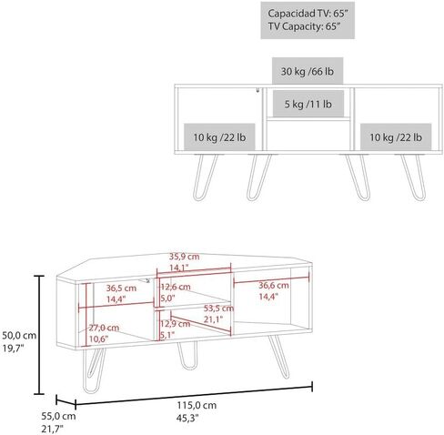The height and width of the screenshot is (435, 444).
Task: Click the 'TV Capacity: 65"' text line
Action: pyautogui.click(x=302, y=26)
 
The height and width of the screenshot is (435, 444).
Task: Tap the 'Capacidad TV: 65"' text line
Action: pyautogui.click(x=308, y=14)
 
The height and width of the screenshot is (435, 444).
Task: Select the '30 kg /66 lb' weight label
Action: pyautogui.click(x=308, y=72)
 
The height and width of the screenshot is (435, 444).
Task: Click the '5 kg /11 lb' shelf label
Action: pyautogui.click(x=308, y=104)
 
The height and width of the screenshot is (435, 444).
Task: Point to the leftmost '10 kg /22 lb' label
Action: pyautogui.click(x=219, y=137)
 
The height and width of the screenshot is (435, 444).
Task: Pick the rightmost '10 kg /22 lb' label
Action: pyautogui.click(x=396, y=137)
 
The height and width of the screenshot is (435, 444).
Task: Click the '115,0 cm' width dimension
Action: pyautogui.click(x=197, y=405)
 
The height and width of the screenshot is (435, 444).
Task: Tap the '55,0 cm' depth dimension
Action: pyautogui.click(x=58, y=416)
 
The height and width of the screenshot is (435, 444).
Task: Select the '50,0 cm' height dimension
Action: pyautogui.click(x=19, y=336)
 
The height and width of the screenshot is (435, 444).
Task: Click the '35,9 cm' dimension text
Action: pyautogui.click(x=184, y=257)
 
